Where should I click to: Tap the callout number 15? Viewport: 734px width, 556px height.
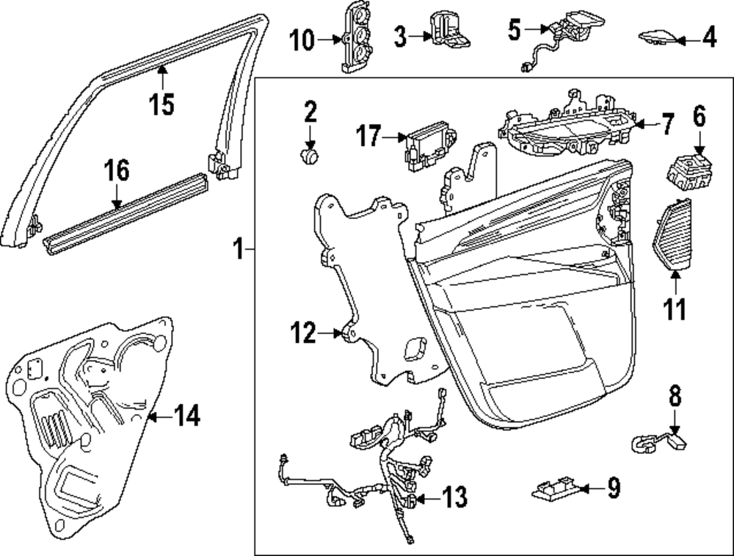coord(162,105)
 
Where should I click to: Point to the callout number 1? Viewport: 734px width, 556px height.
coord(238,250)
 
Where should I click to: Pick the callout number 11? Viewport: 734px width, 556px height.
coord(674,309)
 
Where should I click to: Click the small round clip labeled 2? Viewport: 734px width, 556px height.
coord(311,154)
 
